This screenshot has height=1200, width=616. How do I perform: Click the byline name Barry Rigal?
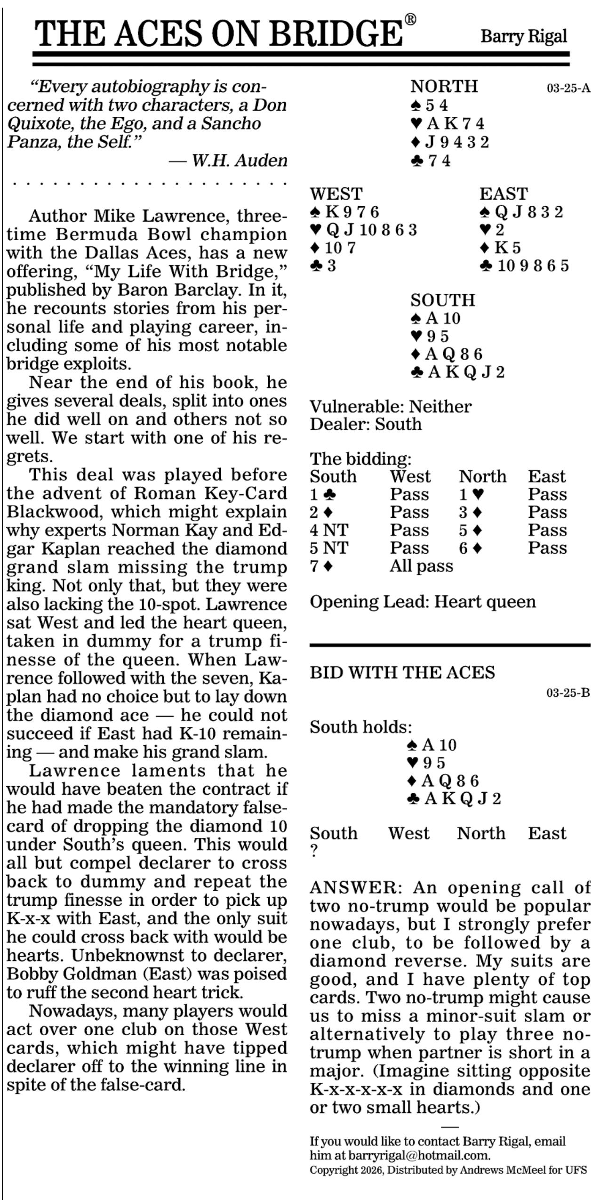pyautogui.click(x=523, y=36)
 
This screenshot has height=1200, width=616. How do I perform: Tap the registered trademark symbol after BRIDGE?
pyautogui.click(x=410, y=19)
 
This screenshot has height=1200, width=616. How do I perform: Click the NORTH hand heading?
pyautogui.click(x=444, y=87)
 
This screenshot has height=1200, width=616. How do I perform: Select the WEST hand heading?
pyautogui.click(x=336, y=194)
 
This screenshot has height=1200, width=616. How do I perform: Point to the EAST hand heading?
pyautogui.click(x=504, y=194)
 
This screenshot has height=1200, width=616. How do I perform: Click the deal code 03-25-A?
pyautogui.click(x=568, y=89)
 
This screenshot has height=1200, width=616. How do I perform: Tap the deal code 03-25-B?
pyautogui.click(x=568, y=693)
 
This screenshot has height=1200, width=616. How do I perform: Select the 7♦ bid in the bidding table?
pyautogui.click(x=321, y=566)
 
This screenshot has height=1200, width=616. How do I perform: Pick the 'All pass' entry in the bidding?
pyautogui.click(x=421, y=566)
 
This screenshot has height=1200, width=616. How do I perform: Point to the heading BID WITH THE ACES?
pyautogui.click(x=402, y=672)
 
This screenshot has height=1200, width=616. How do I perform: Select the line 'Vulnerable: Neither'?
pyautogui.click(x=390, y=407)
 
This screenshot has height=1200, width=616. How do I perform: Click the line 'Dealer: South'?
pyautogui.click(x=365, y=424)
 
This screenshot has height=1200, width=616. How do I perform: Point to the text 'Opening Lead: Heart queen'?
pyautogui.click(x=423, y=602)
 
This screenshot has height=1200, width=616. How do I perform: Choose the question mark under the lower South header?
pyautogui.click(x=314, y=851)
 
